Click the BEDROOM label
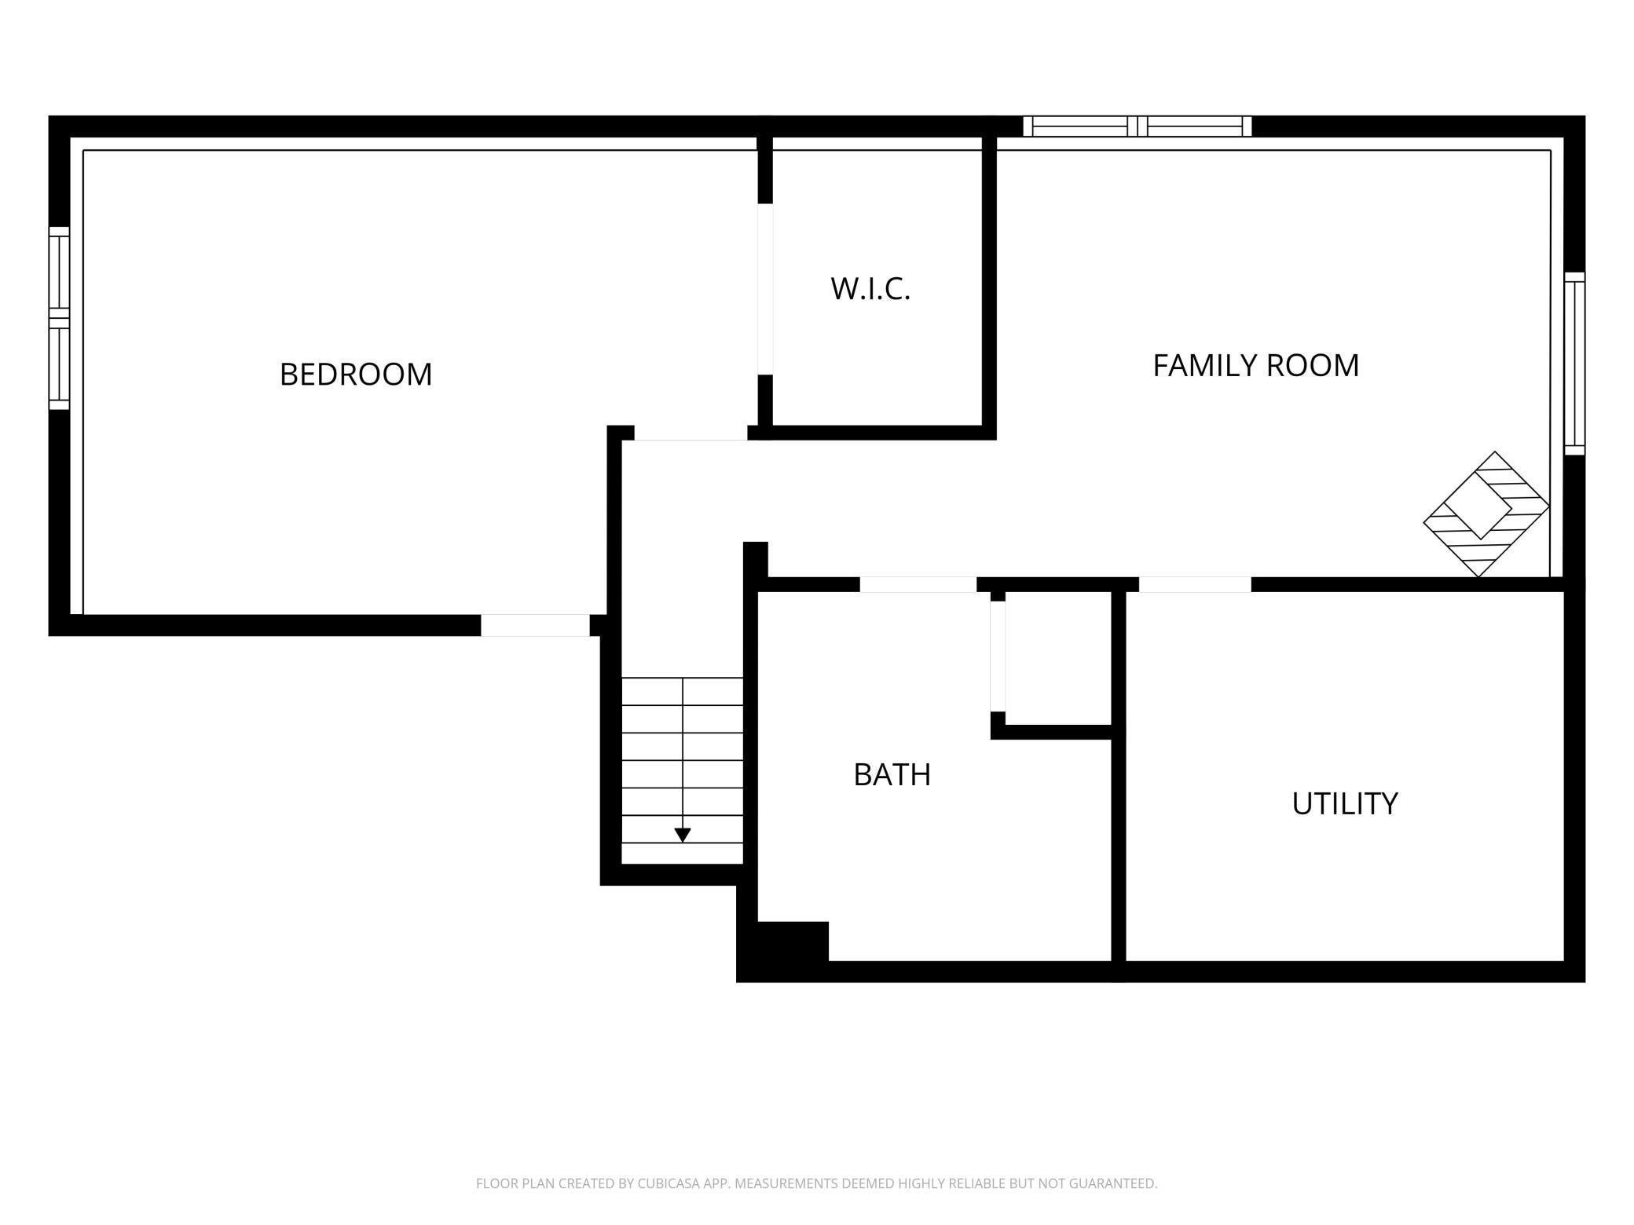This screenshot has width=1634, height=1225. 356,374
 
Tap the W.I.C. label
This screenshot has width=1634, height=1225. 870,289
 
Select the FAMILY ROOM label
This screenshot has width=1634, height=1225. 1255,365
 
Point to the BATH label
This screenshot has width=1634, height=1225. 892,774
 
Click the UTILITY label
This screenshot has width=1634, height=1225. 1345,803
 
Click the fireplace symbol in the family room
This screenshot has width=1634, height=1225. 1486,514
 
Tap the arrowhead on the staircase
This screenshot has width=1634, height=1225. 683,836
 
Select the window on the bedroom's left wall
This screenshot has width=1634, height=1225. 59,318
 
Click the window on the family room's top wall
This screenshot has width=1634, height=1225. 1138,126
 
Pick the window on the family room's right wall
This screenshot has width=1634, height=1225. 1574,364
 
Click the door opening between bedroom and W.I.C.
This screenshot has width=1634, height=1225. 765,289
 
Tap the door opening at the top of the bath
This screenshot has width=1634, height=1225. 918,584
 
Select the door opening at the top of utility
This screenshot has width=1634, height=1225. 1195,584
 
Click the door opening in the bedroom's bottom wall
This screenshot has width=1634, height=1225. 535,625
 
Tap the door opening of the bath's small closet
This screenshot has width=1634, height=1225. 998,656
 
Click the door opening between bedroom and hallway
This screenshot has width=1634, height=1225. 691,433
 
